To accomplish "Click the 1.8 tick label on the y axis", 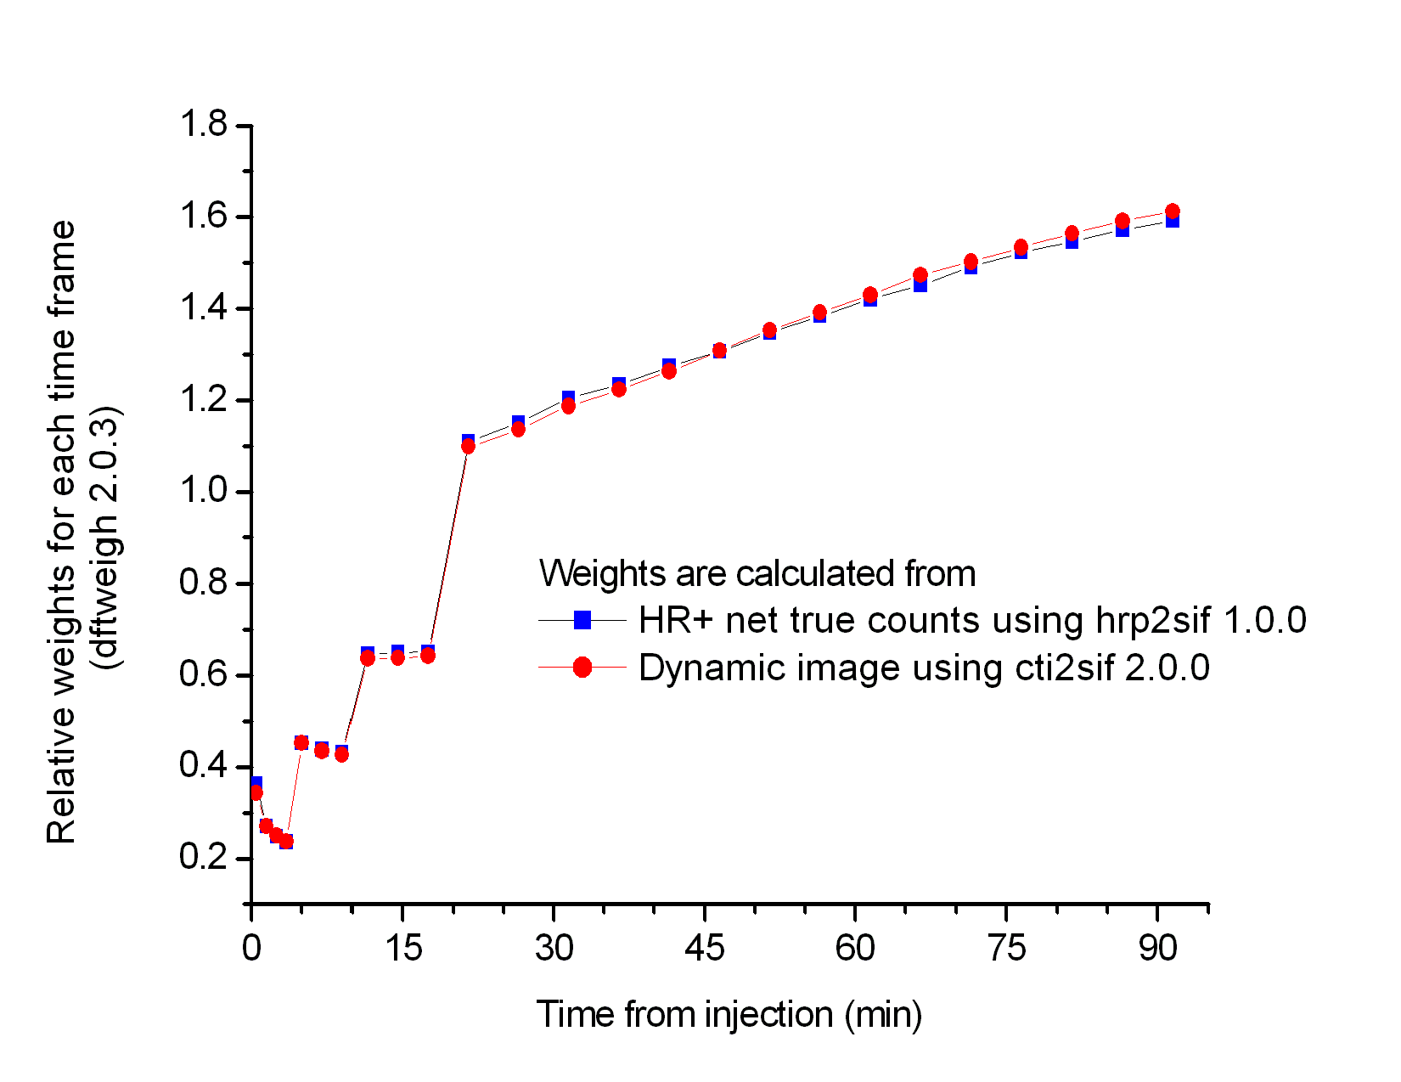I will click(204, 126).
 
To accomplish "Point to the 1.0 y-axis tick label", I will click(204, 492).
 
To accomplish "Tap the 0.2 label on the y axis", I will click(204, 858).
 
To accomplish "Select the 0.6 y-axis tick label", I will click(204, 675).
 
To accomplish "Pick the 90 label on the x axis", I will click(1158, 948).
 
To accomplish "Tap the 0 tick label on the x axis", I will click(251, 948).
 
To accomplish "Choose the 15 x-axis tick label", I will click(402, 948).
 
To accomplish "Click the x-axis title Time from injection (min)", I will click(729, 1015).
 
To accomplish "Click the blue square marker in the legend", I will click(582, 621).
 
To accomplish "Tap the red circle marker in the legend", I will click(582, 668).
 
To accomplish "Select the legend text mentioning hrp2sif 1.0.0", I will click(972, 621).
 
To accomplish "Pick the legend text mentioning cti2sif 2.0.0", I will click(924, 668).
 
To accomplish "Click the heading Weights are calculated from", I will click(757, 574).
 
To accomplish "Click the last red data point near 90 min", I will click(1173, 211).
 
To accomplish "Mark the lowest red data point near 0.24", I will click(286, 841).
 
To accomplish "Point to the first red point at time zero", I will click(256, 792).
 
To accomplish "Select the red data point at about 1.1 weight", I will click(468, 446).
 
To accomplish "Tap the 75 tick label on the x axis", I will click(1007, 948).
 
